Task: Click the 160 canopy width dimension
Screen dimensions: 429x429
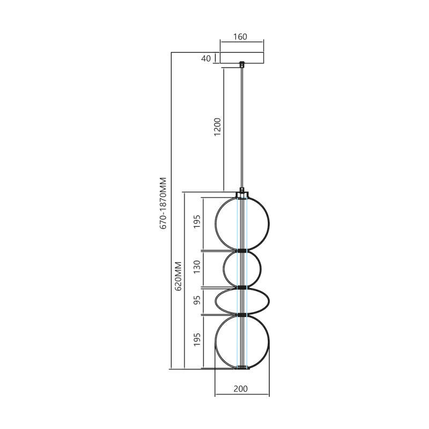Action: coord(240,37)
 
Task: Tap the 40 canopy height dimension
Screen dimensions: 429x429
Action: coord(206,58)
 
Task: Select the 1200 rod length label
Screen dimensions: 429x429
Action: coord(217,127)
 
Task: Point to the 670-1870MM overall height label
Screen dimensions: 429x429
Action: coord(164,204)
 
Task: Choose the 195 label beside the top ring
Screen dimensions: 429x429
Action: coord(197,223)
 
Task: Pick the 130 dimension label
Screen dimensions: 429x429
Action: coord(197,268)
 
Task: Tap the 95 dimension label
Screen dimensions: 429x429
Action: coord(197,301)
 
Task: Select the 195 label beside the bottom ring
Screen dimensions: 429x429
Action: coord(197,341)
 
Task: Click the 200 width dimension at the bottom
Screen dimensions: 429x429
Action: coord(241,389)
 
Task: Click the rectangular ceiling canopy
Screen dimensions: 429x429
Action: coord(242,58)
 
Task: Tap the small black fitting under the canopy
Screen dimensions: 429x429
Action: coord(242,65)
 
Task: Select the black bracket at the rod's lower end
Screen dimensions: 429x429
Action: coord(242,190)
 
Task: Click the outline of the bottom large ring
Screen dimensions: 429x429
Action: coord(269,342)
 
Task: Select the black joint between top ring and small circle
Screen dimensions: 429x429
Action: coord(242,250)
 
